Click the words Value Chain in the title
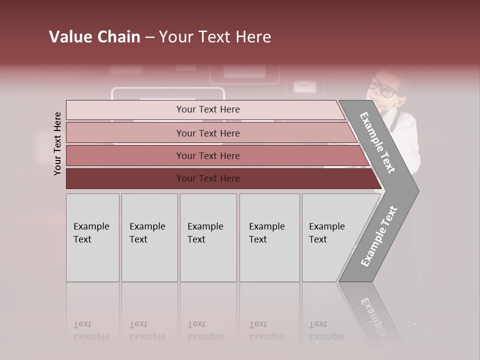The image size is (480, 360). coord(94,37)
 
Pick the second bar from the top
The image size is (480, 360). coord(208,133)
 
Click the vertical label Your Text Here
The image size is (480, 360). coord(57,143)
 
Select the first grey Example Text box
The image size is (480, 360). coord(92,237)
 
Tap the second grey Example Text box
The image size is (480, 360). coord(149,237)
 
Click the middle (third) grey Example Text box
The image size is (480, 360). coord(208,237)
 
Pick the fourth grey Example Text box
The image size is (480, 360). coord(269,237)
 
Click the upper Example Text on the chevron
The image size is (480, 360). coord(377,142)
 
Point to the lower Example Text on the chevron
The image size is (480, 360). coord(379,236)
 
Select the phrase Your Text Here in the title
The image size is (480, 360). coord(215,37)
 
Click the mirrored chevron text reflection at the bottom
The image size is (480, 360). coord(372,315)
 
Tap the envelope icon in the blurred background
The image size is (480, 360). coord(304,87)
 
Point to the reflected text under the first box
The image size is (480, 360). coord(91,331)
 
